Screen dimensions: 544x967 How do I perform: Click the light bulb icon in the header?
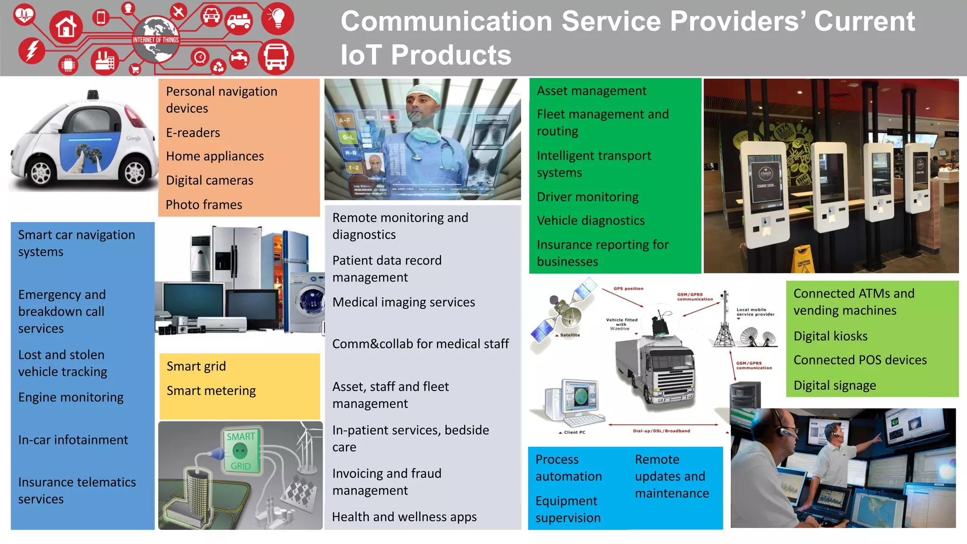(x=278, y=18)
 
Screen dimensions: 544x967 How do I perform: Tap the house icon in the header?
(x=66, y=27)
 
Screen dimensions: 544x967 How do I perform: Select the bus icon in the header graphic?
(x=276, y=57)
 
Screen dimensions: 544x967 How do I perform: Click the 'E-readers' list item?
(x=193, y=133)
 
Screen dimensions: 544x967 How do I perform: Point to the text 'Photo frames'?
(x=204, y=204)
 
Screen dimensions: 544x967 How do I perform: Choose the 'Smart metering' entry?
(x=211, y=391)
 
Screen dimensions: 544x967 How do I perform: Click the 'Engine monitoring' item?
(x=71, y=397)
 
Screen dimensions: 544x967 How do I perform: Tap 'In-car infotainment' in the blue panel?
(x=73, y=440)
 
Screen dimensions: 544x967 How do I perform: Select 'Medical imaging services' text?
(x=403, y=302)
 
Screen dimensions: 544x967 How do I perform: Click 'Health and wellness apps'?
(x=404, y=517)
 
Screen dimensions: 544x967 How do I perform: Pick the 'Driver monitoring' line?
(x=587, y=197)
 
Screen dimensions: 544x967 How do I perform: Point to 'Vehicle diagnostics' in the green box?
(x=590, y=221)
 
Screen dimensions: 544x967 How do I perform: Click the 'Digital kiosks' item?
(x=830, y=336)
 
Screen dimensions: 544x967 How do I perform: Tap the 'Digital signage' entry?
(x=834, y=385)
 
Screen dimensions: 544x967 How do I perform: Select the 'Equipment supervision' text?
(x=567, y=509)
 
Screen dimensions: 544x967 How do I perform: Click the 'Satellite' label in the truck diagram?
(x=569, y=335)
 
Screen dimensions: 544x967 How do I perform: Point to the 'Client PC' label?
(x=574, y=432)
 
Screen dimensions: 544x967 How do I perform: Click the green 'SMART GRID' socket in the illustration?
(x=240, y=451)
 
